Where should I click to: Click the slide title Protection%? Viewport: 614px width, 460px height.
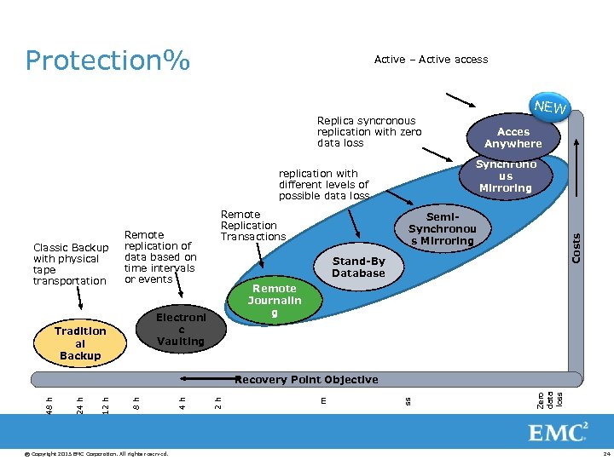107,60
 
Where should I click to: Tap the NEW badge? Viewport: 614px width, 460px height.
549,108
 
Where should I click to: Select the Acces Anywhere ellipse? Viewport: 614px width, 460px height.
513,138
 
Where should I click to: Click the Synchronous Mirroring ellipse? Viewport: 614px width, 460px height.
506,176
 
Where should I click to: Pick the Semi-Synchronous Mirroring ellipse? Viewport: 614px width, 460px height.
441,229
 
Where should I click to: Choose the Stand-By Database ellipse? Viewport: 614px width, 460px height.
358,267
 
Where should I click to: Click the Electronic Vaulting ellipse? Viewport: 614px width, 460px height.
180,330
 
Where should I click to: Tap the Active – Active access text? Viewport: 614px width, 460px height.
431,60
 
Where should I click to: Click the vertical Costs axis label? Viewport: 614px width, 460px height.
576,248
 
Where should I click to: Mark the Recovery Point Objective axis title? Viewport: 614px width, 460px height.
306,379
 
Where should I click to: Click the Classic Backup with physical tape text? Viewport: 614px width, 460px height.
70,264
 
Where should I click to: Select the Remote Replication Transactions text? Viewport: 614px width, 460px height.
252,226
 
